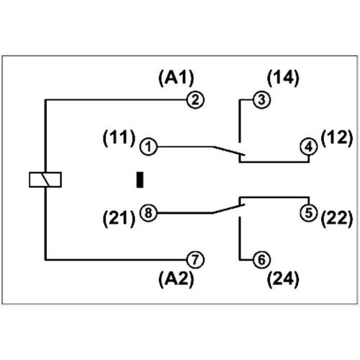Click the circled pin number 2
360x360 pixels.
[193, 100]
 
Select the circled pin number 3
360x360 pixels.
[261, 100]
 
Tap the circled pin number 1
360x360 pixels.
[148, 147]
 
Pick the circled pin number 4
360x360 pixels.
[308, 147]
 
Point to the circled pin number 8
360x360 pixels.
[148, 213]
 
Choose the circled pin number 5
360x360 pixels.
[308, 212]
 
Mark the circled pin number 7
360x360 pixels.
[193, 258]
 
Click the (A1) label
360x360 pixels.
[176, 77]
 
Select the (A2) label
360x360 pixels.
[176, 279]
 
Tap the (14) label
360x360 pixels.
[283, 77]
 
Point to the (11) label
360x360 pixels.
[120, 135]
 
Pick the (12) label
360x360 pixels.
[336, 135]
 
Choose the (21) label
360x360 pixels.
[120, 217]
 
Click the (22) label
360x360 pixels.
[336, 217]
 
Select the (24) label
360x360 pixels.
[282, 279]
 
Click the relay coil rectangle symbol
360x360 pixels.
[45, 179]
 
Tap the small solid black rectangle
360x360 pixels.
[141, 179]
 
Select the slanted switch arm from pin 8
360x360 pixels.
[229, 209]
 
